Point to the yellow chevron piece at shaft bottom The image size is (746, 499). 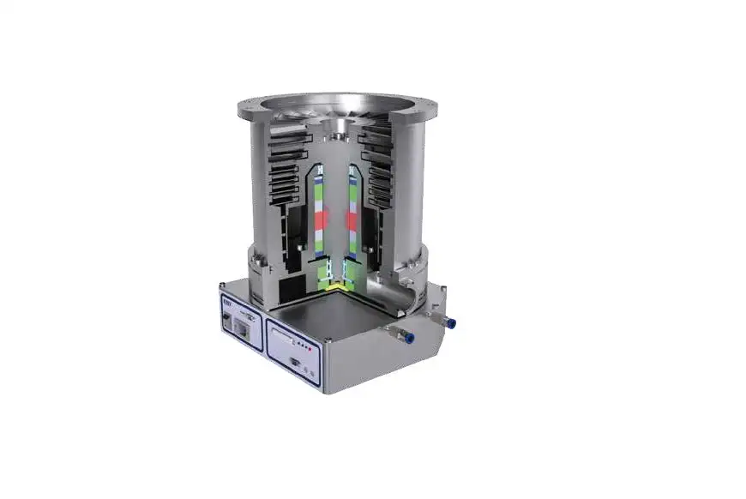pyautogui.click(x=336, y=282)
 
